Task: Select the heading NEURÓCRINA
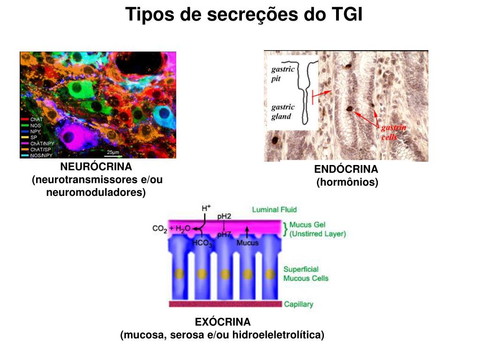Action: click(x=96, y=167)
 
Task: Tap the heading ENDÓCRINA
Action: click(x=346, y=169)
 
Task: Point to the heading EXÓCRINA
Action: click(x=223, y=322)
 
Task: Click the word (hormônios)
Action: click(x=347, y=182)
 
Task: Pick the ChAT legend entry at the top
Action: click(x=37, y=120)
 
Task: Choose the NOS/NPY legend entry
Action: click(x=41, y=155)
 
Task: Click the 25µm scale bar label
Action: click(x=112, y=152)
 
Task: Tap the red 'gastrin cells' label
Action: click(x=393, y=132)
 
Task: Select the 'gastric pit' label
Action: click(x=283, y=74)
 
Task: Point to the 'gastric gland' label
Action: click(x=283, y=112)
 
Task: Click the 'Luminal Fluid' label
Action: click(x=274, y=210)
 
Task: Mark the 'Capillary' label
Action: click(x=299, y=304)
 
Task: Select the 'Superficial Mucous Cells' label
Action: click(x=306, y=274)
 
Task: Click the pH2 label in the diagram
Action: click(x=224, y=216)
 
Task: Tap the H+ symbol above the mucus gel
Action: click(x=206, y=208)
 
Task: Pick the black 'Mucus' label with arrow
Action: click(x=247, y=243)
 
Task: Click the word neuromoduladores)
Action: click(x=96, y=192)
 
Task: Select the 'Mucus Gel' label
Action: click(x=307, y=225)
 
